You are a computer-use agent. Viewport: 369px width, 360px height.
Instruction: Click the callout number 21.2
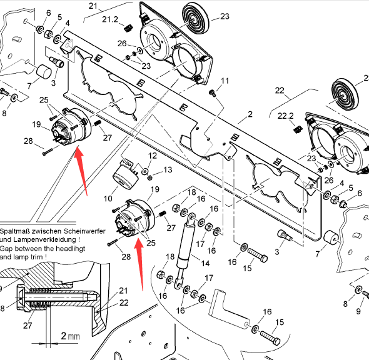[110, 19]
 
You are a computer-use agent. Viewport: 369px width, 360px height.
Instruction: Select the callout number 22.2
[286, 116]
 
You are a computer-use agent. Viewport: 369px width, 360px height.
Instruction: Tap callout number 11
[225, 81]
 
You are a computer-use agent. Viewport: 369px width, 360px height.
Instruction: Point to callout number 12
[153, 156]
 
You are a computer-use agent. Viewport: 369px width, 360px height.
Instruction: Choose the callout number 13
[168, 170]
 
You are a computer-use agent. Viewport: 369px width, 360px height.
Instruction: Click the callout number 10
[108, 199]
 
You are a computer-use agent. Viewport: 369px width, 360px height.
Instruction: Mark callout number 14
[205, 263]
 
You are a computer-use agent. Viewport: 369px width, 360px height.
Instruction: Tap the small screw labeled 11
[212, 92]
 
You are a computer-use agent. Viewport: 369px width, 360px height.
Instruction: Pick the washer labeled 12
[144, 171]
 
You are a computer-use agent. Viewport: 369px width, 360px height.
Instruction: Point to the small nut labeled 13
[149, 177]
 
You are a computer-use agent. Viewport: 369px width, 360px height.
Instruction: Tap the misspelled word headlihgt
[71, 249]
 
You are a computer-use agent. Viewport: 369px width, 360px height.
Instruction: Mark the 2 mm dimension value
[70, 336]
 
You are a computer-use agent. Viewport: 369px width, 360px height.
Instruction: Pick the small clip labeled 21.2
[128, 29]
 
